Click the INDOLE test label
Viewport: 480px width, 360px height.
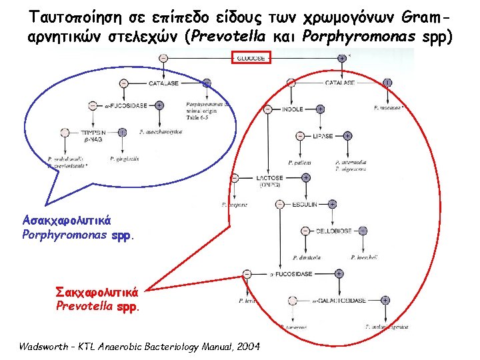293,109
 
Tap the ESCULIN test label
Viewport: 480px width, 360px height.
307,204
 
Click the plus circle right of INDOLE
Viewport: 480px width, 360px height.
320,109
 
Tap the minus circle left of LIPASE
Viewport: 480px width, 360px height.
298,135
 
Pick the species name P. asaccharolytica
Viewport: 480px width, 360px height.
161,132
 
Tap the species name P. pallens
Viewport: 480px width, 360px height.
299,163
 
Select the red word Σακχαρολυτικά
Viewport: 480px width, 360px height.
97,291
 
